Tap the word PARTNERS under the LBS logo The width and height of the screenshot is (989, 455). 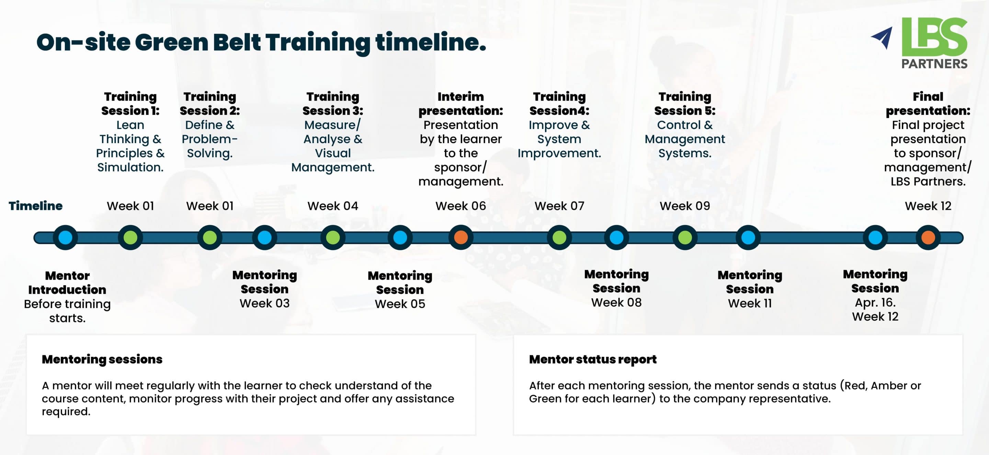tap(934, 64)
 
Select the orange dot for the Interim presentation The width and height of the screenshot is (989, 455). tap(461, 237)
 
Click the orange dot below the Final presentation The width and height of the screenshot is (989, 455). tap(928, 237)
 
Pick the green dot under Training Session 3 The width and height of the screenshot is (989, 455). tap(333, 237)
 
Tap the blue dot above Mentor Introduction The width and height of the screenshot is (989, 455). tap(65, 237)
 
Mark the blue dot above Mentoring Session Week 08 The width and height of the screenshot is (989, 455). tap(616, 237)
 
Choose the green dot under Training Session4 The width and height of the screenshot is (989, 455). tap(559, 237)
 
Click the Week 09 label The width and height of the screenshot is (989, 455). tap(684, 206)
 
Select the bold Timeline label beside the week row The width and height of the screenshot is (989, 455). tap(36, 206)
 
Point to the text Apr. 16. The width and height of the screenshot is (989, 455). tap(875, 302)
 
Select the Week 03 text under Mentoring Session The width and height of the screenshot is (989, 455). tap(264, 303)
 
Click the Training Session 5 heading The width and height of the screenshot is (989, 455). tap(684, 104)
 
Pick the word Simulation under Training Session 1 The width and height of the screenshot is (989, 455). tap(130, 167)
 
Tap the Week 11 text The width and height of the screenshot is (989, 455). tap(749, 303)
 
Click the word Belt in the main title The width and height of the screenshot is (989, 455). tap(237, 42)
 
